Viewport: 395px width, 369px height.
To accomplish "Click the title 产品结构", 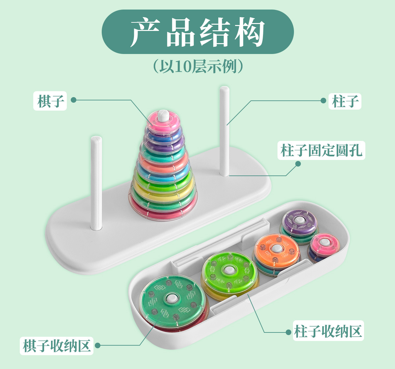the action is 197,32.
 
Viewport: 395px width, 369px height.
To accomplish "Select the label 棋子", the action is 50,100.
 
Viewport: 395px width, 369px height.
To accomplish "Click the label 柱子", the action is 345,101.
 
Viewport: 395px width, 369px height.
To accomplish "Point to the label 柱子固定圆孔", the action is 321,150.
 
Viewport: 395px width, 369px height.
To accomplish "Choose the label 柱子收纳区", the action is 328,330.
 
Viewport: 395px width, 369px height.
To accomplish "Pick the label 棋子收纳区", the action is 57,345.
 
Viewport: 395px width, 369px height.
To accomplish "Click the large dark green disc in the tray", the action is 172,300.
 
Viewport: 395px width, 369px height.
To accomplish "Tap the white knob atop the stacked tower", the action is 163,115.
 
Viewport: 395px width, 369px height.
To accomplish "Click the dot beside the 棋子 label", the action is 73,100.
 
